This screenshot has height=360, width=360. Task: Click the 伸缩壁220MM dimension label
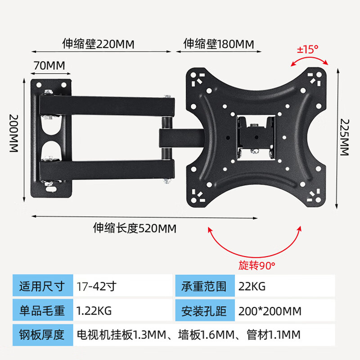pos(99,44)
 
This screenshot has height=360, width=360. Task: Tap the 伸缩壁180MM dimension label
pos(219,44)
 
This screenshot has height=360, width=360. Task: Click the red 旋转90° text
pos(256,265)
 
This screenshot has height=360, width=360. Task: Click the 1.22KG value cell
pos(94,310)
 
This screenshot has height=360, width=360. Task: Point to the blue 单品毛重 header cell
pos(42,310)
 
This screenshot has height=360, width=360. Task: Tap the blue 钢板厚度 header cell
pos(42,335)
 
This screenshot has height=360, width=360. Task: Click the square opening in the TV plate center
pos(255,136)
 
